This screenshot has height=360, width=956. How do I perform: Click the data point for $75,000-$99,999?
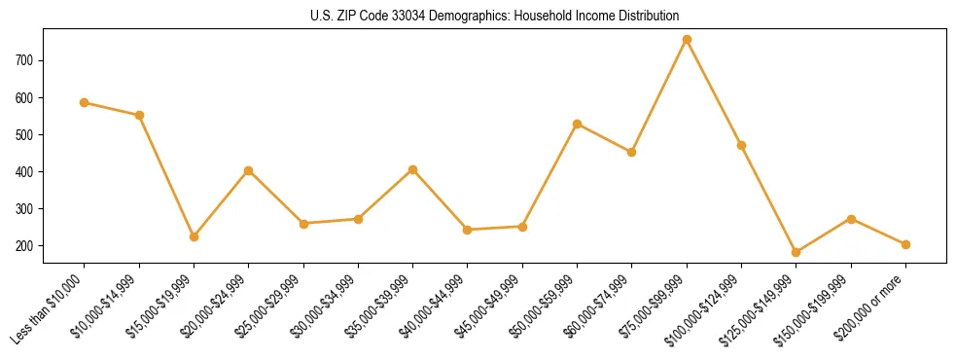687,39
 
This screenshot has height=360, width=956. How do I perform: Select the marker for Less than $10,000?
85,102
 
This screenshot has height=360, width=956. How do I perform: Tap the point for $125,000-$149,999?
797,252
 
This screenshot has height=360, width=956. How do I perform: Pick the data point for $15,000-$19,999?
194,236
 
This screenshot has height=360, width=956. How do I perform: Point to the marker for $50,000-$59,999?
578,124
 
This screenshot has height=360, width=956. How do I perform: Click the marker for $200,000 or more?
905,244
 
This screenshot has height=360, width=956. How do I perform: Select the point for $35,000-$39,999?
413,169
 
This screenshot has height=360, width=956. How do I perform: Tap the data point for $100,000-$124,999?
741,145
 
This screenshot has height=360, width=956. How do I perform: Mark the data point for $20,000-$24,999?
249,170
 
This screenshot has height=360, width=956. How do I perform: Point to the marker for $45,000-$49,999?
522,227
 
